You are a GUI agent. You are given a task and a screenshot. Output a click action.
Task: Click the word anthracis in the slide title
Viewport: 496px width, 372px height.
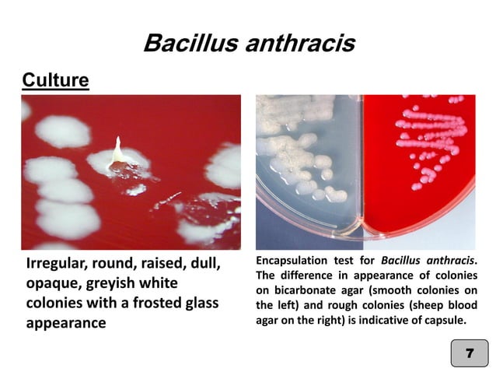coord(299,43)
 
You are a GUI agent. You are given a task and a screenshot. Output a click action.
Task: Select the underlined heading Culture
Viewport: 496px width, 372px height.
coord(55,80)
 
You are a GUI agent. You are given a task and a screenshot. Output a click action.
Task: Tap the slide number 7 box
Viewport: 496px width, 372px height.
coord(469,353)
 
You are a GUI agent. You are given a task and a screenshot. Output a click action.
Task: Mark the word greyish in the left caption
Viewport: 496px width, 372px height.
coord(114,284)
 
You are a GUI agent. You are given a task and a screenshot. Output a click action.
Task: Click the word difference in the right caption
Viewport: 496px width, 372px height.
coord(308,275)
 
